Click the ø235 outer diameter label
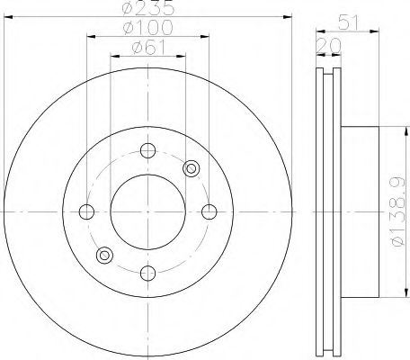click(x=148, y=7)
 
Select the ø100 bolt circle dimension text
click(x=148, y=27)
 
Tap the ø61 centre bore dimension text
click(x=148, y=48)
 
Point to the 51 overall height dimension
click(x=348, y=22)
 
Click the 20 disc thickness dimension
click(x=329, y=46)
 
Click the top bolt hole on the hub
click(x=148, y=150)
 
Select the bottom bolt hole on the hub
click(x=148, y=273)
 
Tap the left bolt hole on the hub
click(x=86, y=211)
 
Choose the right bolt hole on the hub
click(x=209, y=211)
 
